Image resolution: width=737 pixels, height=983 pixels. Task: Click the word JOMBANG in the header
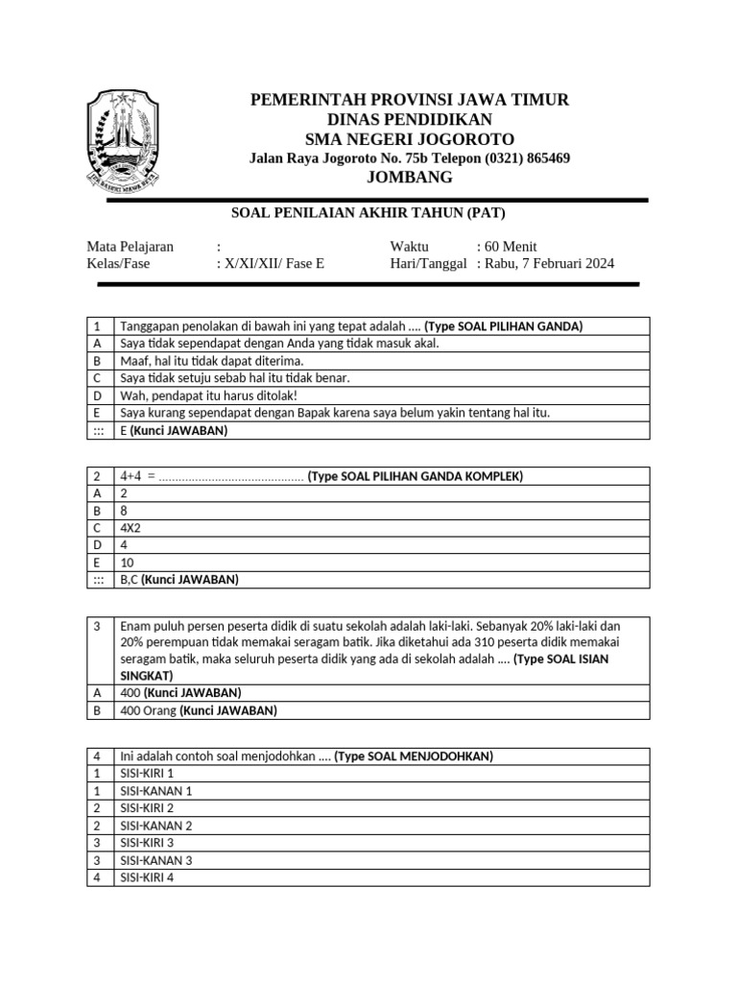[410, 178]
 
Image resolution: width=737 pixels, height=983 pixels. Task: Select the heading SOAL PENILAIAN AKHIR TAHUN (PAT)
[368, 212]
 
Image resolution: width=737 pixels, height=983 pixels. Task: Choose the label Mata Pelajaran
[131, 247]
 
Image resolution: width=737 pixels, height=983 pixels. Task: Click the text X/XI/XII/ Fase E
[274, 263]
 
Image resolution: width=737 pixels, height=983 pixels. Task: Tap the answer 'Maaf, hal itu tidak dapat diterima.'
[212, 361]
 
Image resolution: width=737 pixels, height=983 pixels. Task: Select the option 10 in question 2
[127, 563]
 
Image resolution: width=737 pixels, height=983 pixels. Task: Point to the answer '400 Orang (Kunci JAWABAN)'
[198, 710]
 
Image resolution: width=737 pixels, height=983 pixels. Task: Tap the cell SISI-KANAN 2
[156, 826]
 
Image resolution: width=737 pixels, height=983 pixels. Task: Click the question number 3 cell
[97, 626]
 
